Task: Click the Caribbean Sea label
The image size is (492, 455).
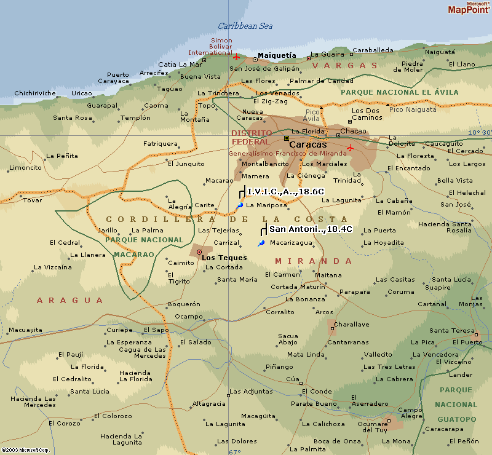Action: tap(245, 26)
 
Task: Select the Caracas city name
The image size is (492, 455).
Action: tap(308, 144)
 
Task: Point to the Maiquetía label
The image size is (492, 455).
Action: tap(276, 55)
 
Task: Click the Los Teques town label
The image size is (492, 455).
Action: tap(224, 258)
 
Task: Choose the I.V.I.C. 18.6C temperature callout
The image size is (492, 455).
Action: tap(285, 192)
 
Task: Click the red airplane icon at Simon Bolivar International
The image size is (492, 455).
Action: tap(236, 57)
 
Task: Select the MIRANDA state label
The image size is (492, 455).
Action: tap(314, 261)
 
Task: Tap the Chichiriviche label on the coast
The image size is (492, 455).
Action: tap(35, 93)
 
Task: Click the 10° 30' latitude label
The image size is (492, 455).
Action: tap(479, 132)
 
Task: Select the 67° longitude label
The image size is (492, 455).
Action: tap(235, 452)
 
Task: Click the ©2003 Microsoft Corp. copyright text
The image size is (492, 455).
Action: tap(25, 450)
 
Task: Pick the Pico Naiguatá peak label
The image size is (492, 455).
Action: tap(413, 109)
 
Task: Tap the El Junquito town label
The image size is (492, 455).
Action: tap(186, 164)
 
